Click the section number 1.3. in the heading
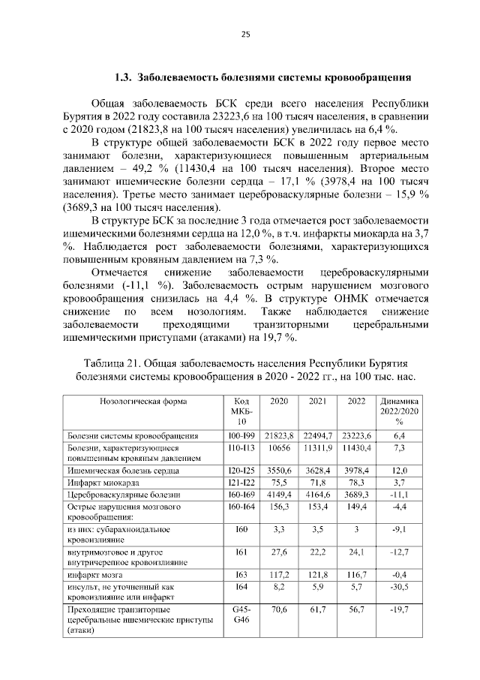pyautogui.click(x=124, y=77)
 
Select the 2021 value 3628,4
pyautogui.click(x=318, y=471)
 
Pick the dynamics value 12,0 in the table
pyautogui.click(x=399, y=471)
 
